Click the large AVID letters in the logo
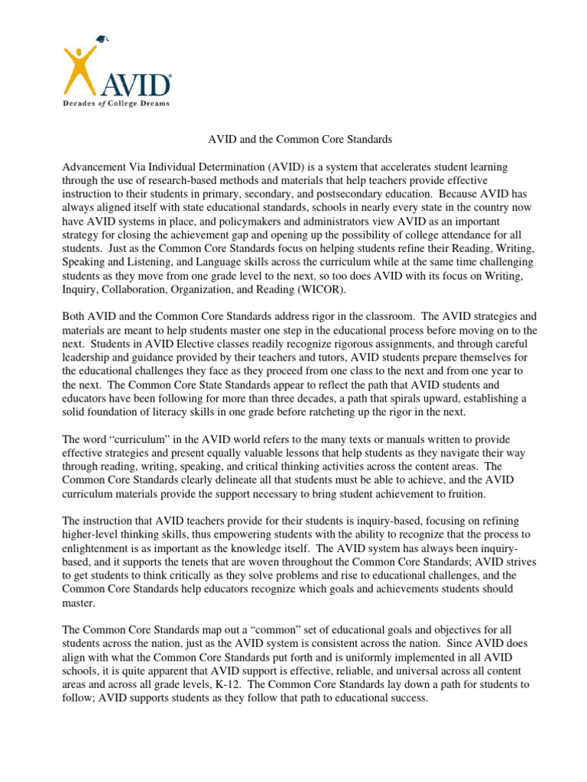pos(136,82)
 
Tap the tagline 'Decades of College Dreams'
pos(115,102)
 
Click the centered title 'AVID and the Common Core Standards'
pos(300,140)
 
